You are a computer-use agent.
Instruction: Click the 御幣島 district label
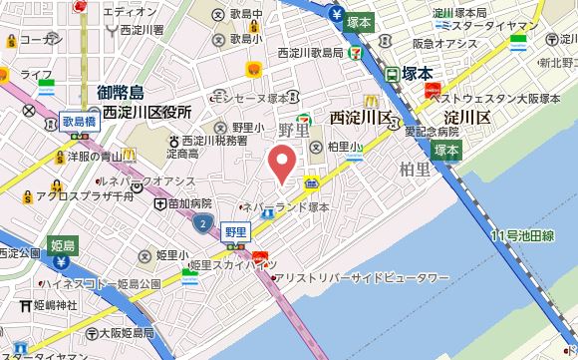pos(123,93)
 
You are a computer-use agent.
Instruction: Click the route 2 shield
pos(203,219)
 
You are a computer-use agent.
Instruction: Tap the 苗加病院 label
pos(188,201)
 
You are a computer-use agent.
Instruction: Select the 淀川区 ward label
pos(467,118)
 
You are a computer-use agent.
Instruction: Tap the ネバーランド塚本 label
pos(287,207)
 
